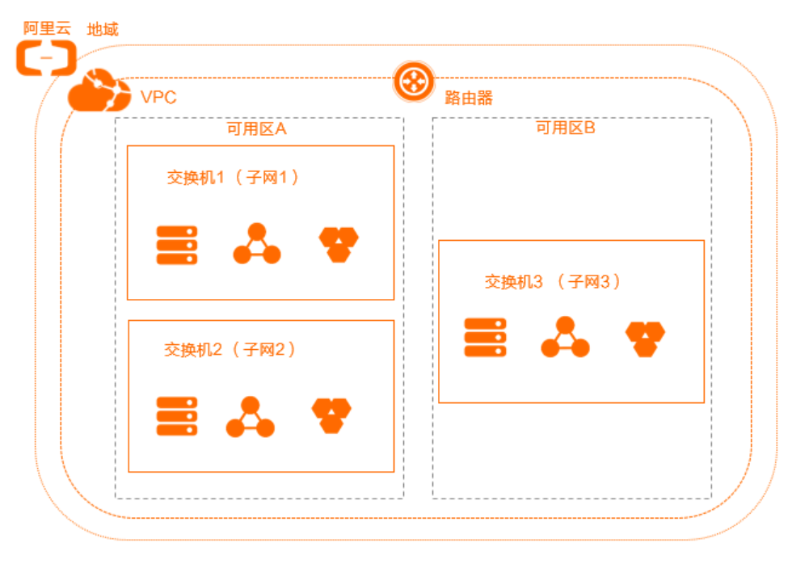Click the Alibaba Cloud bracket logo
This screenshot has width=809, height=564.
click(x=47, y=58)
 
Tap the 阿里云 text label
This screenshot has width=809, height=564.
click(x=47, y=28)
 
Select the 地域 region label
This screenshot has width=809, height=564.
click(x=103, y=30)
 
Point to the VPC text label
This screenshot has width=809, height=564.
click(x=158, y=98)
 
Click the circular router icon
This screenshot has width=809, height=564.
click(x=414, y=82)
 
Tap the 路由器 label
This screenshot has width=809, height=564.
click(x=469, y=99)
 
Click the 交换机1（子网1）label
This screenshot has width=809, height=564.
click(x=233, y=178)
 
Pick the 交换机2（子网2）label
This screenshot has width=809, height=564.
click(x=230, y=350)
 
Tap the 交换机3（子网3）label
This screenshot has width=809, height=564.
click(x=553, y=282)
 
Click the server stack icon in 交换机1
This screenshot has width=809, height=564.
click(x=177, y=245)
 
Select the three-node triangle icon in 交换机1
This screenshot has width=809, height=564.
click(x=257, y=244)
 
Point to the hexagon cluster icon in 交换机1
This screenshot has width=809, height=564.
click(x=339, y=244)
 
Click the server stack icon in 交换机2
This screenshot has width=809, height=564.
click(x=177, y=417)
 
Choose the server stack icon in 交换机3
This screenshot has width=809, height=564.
click(x=485, y=338)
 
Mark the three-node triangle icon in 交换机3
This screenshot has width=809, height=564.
click(x=565, y=338)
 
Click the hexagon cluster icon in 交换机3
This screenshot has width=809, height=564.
click(x=645, y=339)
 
